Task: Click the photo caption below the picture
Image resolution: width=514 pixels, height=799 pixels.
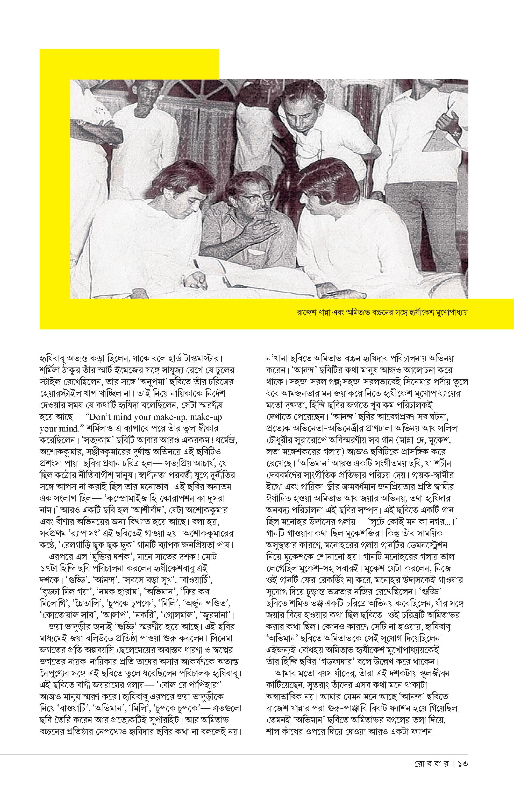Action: pos(382,313)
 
